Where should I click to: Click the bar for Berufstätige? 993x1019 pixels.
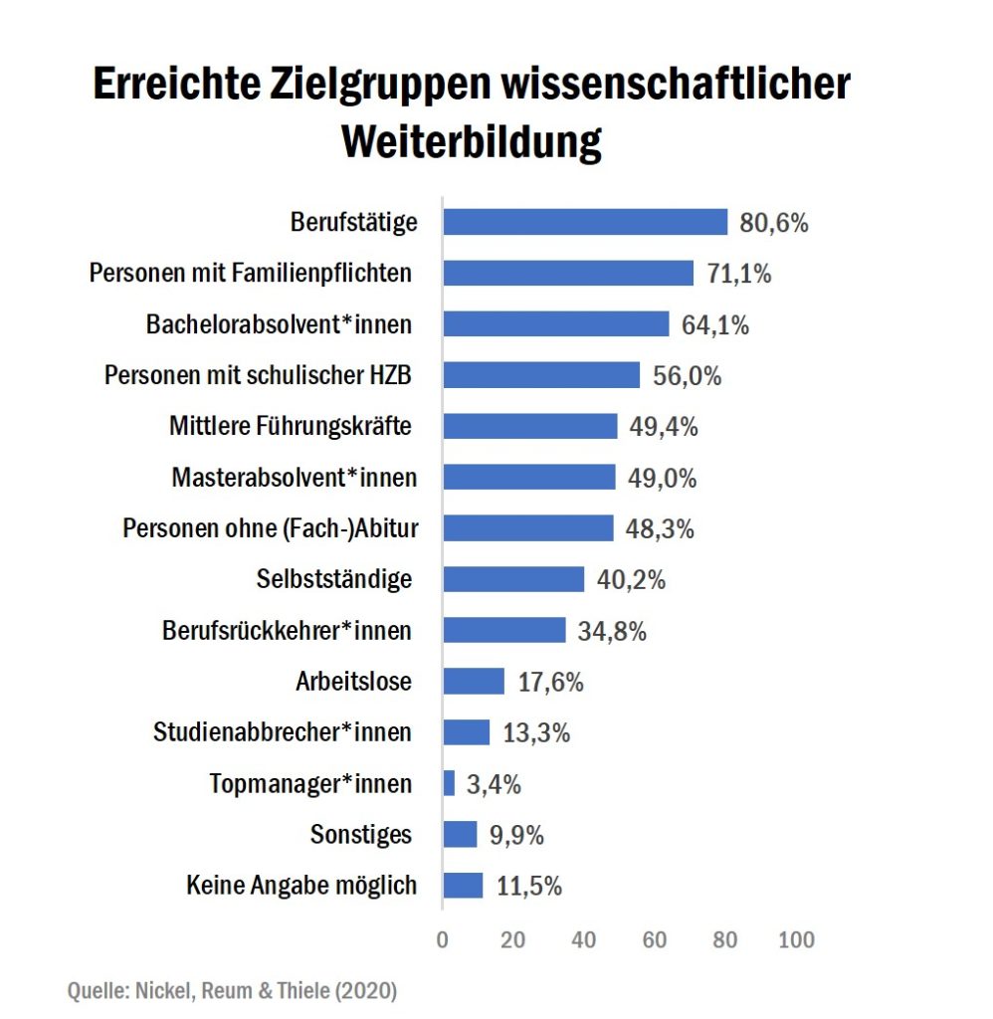tap(585, 222)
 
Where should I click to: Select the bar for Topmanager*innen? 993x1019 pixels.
tap(449, 783)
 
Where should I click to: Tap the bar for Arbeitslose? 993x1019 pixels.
tap(474, 682)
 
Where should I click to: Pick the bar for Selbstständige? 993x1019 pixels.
tap(513, 579)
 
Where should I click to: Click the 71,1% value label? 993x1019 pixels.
tap(739, 274)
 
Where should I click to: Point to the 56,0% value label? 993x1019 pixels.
tap(687, 376)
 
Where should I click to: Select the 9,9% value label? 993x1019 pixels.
tap(516, 835)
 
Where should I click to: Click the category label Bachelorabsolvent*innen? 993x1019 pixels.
tap(279, 324)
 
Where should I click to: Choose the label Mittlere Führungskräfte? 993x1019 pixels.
tap(291, 427)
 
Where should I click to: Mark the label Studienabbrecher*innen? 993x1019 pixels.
tap(283, 732)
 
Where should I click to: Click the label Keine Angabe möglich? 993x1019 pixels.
tap(301, 885)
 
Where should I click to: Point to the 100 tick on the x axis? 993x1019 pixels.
tap(796, 940)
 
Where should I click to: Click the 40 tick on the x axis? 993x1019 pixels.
tap(584, 940)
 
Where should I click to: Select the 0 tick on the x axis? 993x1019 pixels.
tap(443, 940)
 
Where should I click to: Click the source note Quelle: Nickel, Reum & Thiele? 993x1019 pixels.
tap(232, 991)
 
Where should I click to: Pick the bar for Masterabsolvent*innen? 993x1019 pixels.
tap(529, 478)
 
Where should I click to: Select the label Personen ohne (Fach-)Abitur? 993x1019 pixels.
tap(271, 528)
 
